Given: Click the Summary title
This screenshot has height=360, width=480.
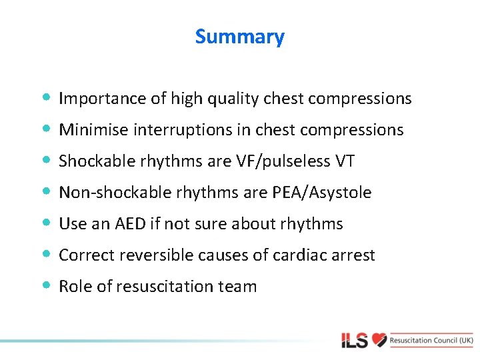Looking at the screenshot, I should tap(239, 37).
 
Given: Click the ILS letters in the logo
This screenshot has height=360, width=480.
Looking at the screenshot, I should tap(354, 341).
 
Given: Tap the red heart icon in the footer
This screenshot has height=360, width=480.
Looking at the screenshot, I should tap(379, 340).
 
